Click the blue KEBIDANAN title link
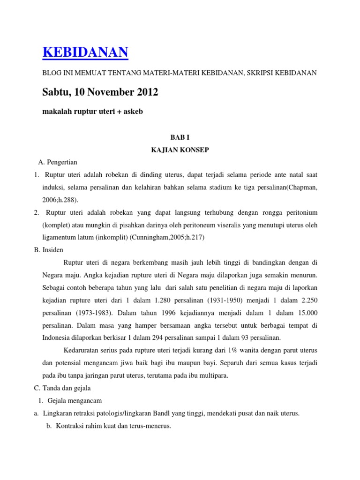coord(85,52)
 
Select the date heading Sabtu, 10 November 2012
coord(100,93)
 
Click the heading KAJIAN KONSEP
coord(180,151)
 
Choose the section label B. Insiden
coord(49,250)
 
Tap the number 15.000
coord(306,312)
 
